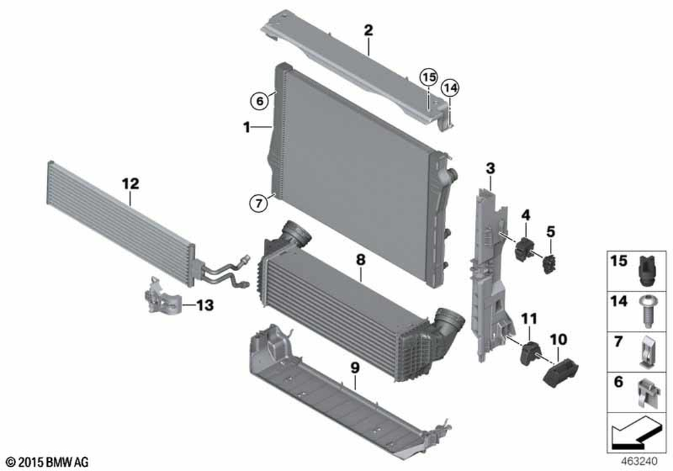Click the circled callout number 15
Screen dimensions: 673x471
(428, 77)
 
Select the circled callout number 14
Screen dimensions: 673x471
(450, 88)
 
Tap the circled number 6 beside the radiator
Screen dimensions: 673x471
(260, 102)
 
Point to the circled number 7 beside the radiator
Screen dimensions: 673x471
(259, 203)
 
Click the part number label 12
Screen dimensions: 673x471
(131, 184)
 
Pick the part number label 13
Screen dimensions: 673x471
(205, 305)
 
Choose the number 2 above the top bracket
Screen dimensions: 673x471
(368, 30)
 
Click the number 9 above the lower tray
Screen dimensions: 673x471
(355, 367)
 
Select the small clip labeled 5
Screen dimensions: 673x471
(549, 264)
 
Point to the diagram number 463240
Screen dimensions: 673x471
(639, 462)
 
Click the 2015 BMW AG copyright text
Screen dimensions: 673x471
(48, 462)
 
